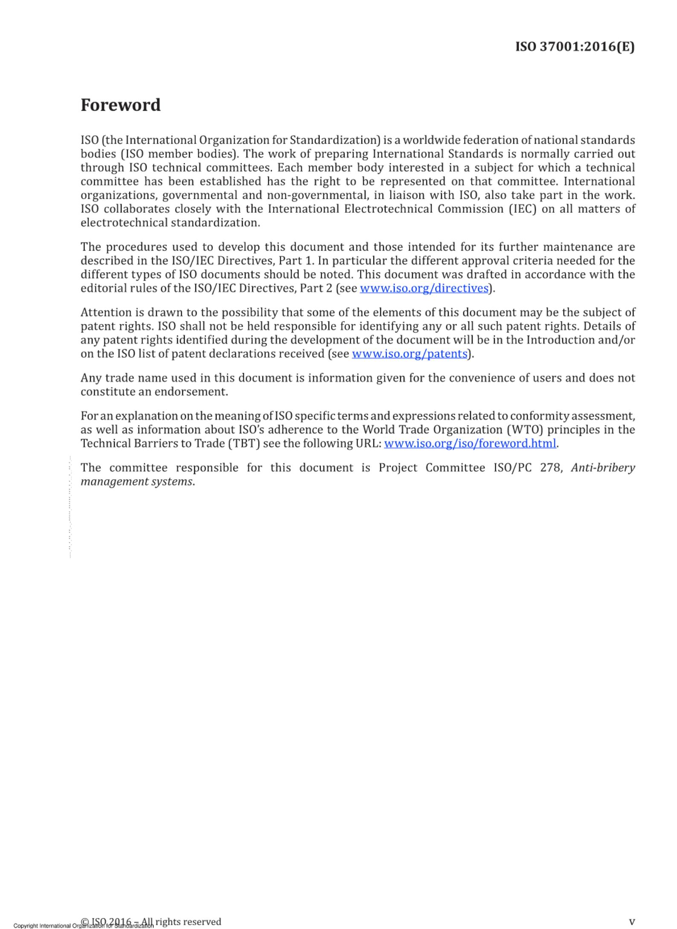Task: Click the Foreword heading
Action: [121, 105]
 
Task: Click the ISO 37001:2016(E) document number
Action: [575, 46]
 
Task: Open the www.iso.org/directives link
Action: [424, 288]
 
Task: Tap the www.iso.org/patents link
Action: [410, 354]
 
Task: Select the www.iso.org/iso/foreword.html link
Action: [470, 443]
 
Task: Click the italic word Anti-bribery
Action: [603, 468]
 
